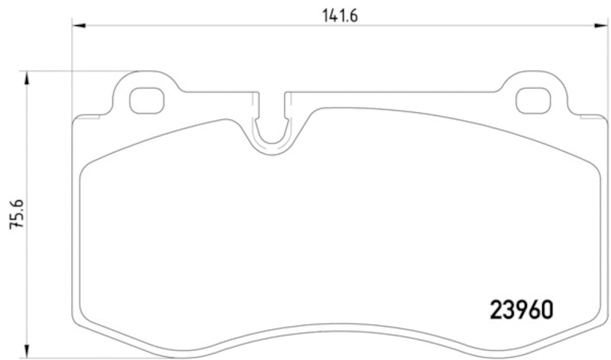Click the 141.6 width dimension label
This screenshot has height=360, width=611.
click(x=341, y=13)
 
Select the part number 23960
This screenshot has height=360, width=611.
click(x=520, y=309)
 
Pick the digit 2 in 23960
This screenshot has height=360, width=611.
click(x=494, y=309)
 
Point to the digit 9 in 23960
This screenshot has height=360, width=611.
click(x=520, y=309)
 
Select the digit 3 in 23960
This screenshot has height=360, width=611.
click(x=507, y=309)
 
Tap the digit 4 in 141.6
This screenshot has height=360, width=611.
click(x=336, y=13)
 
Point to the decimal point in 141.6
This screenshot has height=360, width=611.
click(x=348, y=17)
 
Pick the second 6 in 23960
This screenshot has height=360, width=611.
click(x=533, y=309)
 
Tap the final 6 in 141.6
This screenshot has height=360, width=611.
click(x=354, y=13)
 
